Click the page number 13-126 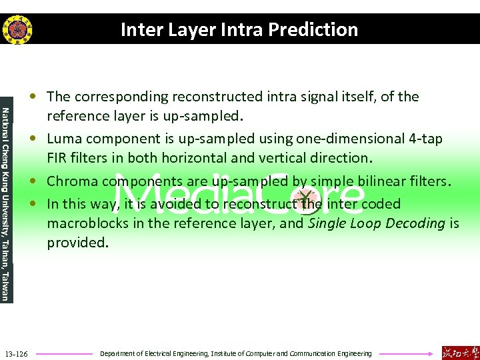tap(16, 353)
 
